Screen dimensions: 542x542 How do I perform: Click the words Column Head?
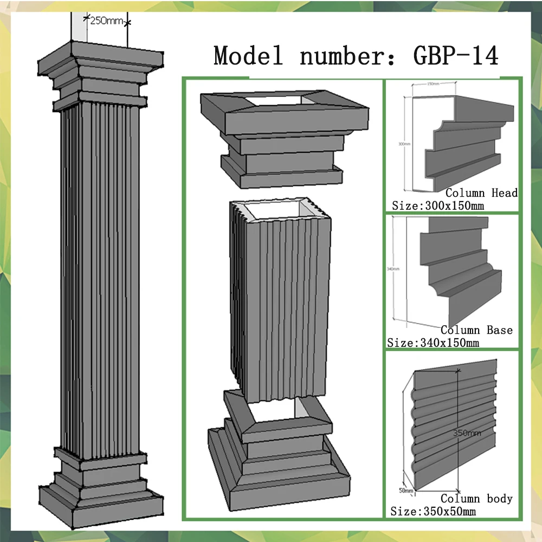click(x=481, y=193)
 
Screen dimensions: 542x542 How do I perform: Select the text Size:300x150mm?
click(x=437, y=206)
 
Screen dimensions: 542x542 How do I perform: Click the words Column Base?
click(x=476, y=330)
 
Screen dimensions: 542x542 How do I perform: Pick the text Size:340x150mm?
click(x=433, y=343)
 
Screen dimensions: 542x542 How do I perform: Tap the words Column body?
click(x=476, y=498)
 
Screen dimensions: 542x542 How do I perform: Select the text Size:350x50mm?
click(x=433, y=511)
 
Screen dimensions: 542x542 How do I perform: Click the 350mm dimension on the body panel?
click(x=467, y=433)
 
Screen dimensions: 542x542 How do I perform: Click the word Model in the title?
click(x=248, y=55)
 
